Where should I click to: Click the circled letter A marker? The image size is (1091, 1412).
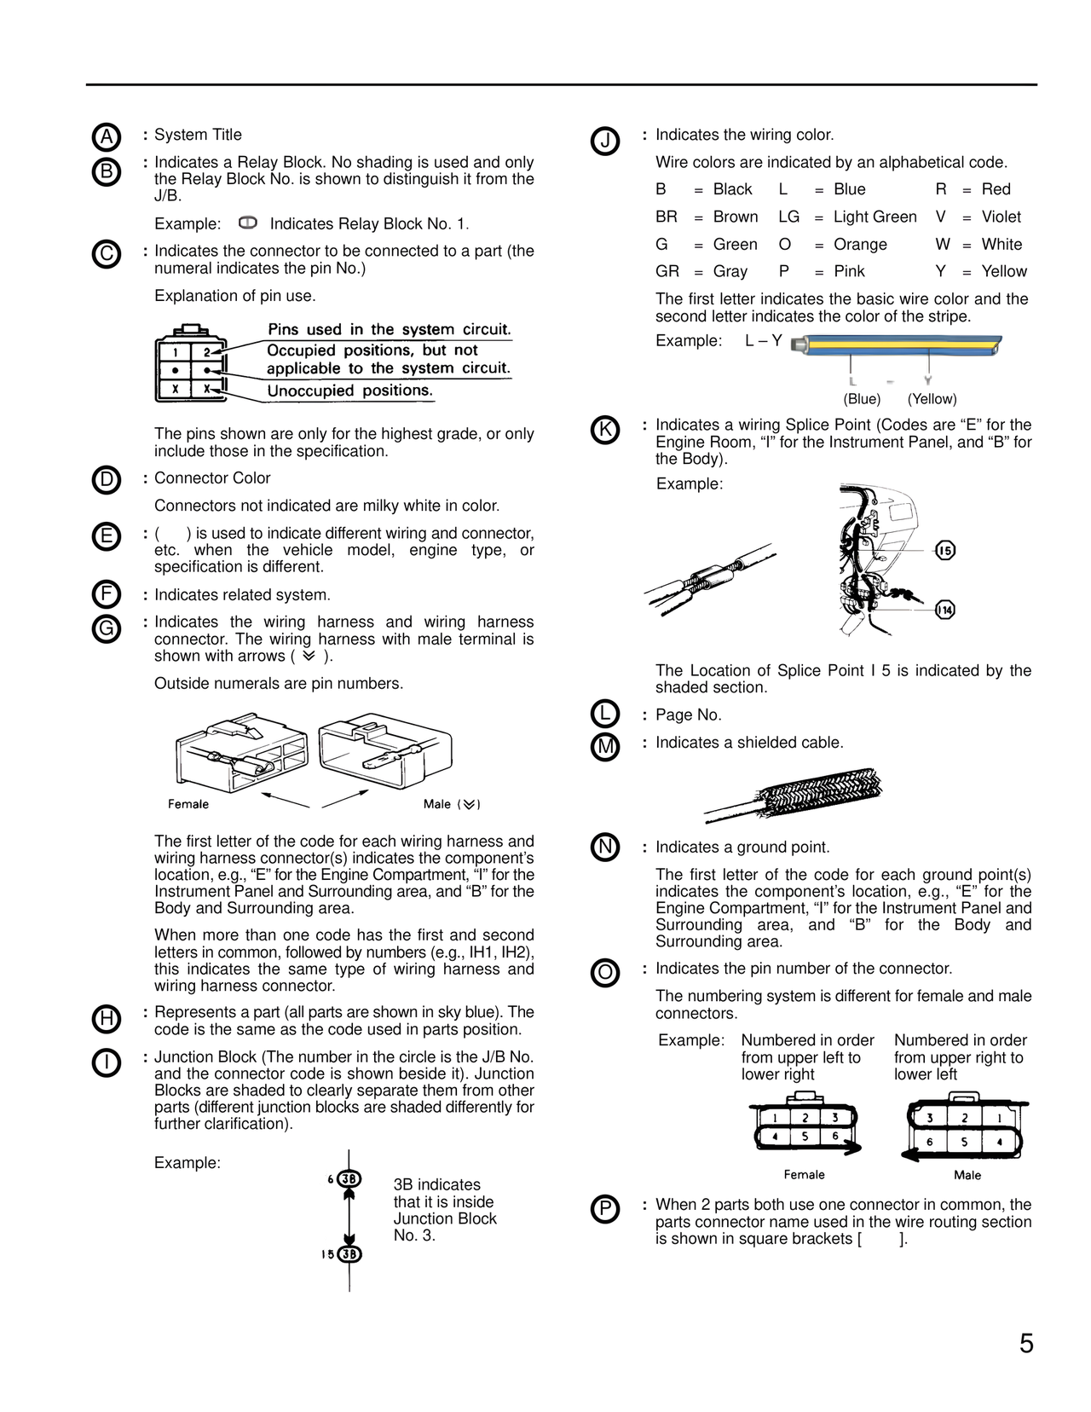[106, 137]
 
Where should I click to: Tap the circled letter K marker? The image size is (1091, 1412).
[604, 429]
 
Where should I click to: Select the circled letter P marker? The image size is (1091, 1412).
[604, 1209]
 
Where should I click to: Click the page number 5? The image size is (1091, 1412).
[1026, 1344]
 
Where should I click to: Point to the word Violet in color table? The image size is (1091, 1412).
[1001, 217]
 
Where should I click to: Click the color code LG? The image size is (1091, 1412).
[788, 217]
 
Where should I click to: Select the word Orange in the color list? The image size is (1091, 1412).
[859, 245]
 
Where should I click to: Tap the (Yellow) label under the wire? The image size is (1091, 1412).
[932, 399]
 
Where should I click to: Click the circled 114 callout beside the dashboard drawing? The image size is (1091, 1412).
[944, 610]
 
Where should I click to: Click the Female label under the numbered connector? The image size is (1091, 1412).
[804, 1175]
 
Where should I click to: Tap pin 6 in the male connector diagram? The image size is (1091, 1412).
[930, 1142]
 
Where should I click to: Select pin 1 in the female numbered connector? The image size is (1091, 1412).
[774, 1118]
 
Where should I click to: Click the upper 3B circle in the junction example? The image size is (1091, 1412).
[349, 1179]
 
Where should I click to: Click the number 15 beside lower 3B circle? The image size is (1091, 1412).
[327, 1254]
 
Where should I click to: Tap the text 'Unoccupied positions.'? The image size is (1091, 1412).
[349, 391]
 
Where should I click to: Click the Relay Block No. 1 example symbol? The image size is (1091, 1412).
[248, 223]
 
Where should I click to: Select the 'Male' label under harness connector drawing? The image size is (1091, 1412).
[437, 804]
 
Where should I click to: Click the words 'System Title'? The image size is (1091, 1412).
[198, 135]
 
